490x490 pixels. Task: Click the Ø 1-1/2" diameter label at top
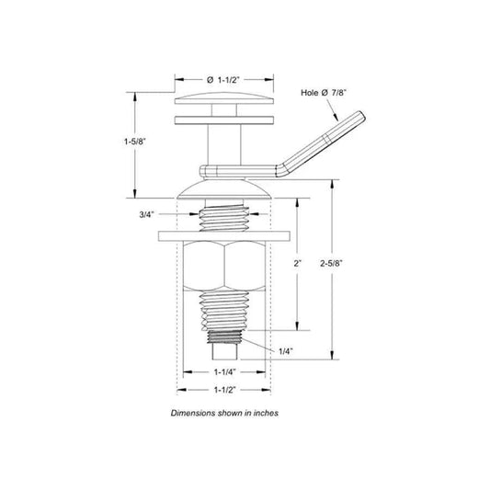point(225,80)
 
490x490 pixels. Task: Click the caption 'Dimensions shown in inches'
point(224,414)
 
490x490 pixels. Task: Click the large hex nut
point(224,267)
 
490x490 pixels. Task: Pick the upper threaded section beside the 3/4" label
point(224,220)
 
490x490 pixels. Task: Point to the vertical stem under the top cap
point(225,143)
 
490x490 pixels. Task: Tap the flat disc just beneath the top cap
point(225,120)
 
